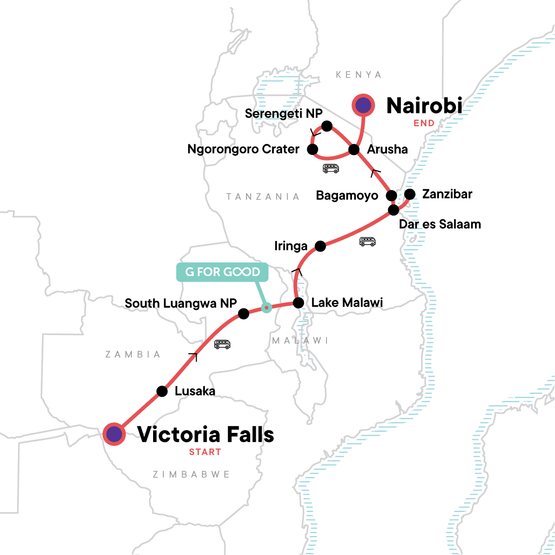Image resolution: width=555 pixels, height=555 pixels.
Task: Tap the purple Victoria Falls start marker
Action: pos(114,434)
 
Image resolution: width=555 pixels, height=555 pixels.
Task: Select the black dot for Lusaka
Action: pos(162,391)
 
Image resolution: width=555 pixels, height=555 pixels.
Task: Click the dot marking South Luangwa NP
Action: pos(244,314)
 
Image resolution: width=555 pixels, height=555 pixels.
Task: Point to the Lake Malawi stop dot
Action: pos(299,303)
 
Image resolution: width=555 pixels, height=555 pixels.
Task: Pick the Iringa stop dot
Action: pos(320,246)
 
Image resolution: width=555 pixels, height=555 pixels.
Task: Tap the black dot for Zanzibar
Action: pos(410,194)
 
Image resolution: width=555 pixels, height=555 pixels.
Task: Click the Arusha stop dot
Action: pos(354,149)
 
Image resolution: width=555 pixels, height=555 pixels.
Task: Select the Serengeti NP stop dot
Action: pos(327,126)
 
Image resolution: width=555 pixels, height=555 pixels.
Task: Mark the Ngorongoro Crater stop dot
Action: pos(313,149)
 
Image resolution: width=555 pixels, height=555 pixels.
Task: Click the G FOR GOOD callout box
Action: pos(222,272)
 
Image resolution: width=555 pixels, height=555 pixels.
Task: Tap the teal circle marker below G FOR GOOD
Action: pos(266,307)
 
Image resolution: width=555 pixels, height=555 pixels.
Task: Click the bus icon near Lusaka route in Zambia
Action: pos(222,344)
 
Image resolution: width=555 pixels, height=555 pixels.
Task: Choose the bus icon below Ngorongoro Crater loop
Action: pos(331,168)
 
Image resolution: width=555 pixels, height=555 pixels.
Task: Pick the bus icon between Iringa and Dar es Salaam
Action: pos(368,241)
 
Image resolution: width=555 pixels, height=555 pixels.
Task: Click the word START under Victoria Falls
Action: pos(205,452)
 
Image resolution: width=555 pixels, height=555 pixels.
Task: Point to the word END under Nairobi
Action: pos(424,123)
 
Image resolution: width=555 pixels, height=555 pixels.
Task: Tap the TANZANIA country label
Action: pos(263,197)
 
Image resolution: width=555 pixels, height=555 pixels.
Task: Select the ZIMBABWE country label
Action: pos(191,475)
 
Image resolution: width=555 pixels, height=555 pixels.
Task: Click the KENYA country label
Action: pos(358,75)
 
